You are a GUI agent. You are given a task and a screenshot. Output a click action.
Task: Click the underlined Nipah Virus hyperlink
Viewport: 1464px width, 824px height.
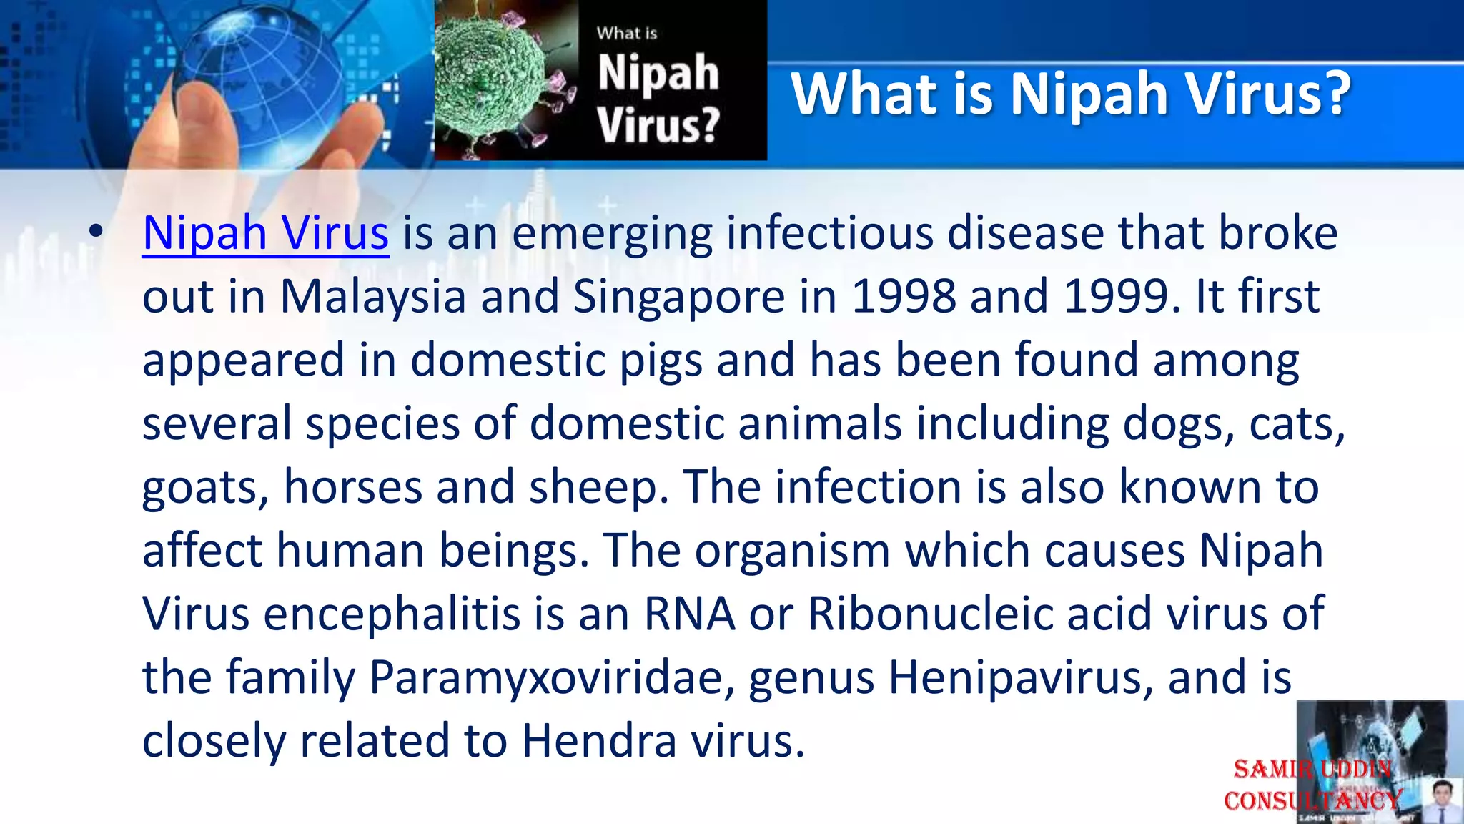[x=265, y=233]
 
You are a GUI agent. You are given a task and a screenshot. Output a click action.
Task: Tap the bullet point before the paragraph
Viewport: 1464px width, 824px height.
[x=96, y=232]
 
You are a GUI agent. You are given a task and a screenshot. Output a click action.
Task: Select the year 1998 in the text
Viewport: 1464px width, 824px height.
[x=904, y=296]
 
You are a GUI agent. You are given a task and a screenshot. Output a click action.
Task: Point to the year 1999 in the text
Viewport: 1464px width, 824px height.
[x=1116, y=296]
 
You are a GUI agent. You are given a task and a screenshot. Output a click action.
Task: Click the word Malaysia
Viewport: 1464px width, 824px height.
[x=372, y=296]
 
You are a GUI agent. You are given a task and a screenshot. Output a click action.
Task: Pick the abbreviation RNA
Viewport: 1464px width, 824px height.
[x=689, y=614]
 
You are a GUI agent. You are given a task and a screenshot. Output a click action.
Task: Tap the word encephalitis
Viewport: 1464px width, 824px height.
[x=392, y=614]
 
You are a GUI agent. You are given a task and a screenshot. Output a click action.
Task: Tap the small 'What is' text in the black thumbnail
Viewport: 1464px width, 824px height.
[x=627, y=33]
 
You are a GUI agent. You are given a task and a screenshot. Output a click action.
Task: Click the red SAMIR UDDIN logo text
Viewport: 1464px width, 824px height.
[x=1312, y=770]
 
